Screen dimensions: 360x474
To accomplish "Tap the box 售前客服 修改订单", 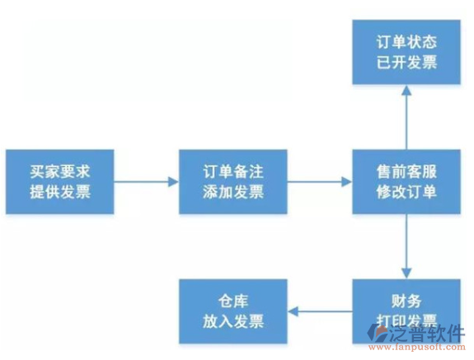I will (x=406, y=182).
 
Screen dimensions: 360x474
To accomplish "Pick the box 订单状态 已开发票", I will (x=406, y=52).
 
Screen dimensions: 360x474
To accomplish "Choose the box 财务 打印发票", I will (x=406, y=311).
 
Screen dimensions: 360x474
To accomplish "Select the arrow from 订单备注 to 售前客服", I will (x=320, y=182).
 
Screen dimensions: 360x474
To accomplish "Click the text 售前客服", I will (x=406, y=172).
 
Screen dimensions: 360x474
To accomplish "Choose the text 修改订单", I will (x=406, y=193).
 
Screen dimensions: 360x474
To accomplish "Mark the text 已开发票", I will (x=406, y=63).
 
